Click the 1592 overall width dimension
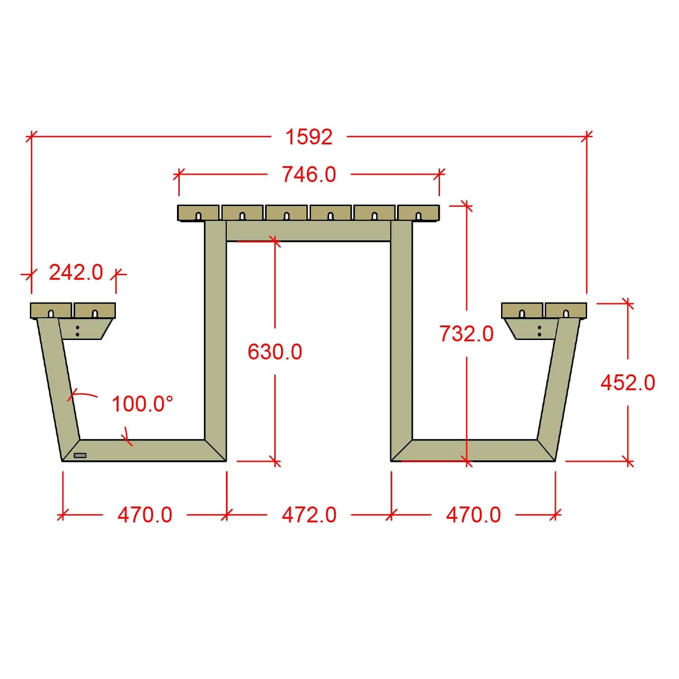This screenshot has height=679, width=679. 309,137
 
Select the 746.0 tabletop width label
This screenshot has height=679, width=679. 309,174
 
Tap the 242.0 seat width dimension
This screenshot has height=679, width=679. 76,273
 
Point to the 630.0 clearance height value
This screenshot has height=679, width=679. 275,352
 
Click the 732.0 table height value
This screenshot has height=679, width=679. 466,334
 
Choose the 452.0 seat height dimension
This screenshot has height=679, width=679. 628,383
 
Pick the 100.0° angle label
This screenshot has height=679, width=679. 143,404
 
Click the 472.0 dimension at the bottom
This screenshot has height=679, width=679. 309,515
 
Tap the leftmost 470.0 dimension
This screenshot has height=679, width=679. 145,515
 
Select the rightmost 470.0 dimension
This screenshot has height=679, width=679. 473,515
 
